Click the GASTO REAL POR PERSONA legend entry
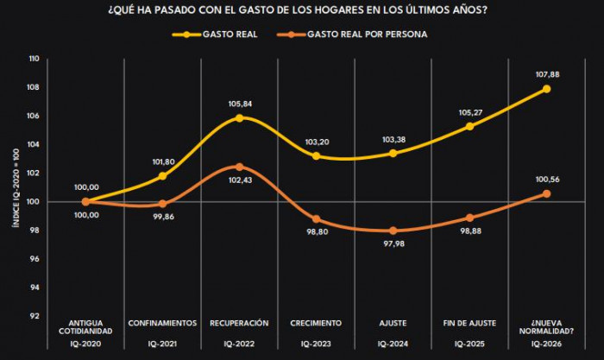coord(356,35)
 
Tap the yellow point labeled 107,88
coord(547,89)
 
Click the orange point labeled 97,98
coord(393,231)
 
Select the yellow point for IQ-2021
coord(162,176)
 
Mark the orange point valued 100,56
coord(547,193)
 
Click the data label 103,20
coord(317,140)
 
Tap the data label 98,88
coord(470,232)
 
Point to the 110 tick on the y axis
coord(34,60)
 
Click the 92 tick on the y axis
coord(35,315)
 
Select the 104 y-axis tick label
coord(34,145)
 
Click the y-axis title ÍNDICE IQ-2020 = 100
coord(15,187)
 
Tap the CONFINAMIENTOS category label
coord(162,323)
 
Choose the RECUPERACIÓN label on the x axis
coord(239,323)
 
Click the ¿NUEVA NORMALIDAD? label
coord(547,327)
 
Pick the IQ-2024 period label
coord(393,344)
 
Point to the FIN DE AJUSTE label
coord(470,323)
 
